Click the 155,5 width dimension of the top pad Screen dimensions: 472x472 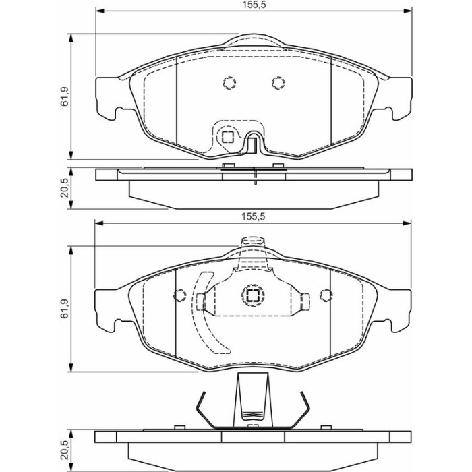254,5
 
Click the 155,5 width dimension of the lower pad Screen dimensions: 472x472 254,216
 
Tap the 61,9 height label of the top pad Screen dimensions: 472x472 65,96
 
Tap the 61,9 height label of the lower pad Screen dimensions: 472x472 65,309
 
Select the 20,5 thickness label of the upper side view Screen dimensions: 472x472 65,188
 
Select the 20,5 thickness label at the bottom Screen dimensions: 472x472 65,450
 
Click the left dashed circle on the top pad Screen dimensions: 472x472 229,82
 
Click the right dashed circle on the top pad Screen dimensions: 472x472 278,82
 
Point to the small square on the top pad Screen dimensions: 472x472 228,138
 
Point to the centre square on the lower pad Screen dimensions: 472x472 253,295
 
